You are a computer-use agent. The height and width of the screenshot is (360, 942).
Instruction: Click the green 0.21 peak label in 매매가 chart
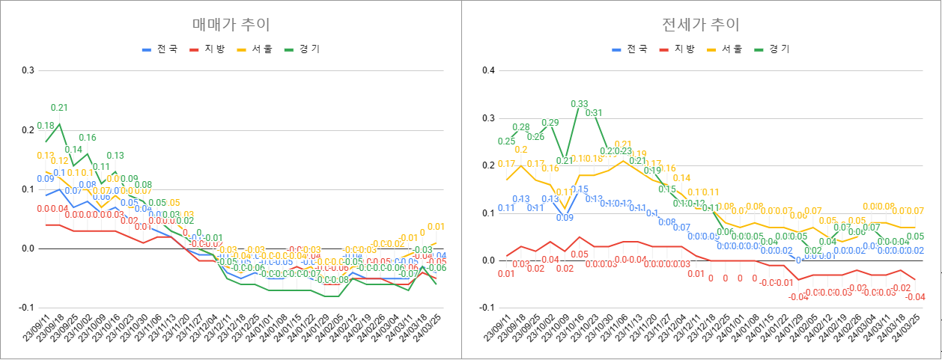(59, 108)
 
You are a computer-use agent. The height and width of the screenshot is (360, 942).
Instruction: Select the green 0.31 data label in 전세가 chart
(593, 113)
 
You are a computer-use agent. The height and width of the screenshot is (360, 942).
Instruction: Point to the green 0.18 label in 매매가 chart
(45, 126)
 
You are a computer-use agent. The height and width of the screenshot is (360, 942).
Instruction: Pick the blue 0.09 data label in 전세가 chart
(565, 218)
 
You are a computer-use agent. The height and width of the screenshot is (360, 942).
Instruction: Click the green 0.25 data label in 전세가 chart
(506, 141)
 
